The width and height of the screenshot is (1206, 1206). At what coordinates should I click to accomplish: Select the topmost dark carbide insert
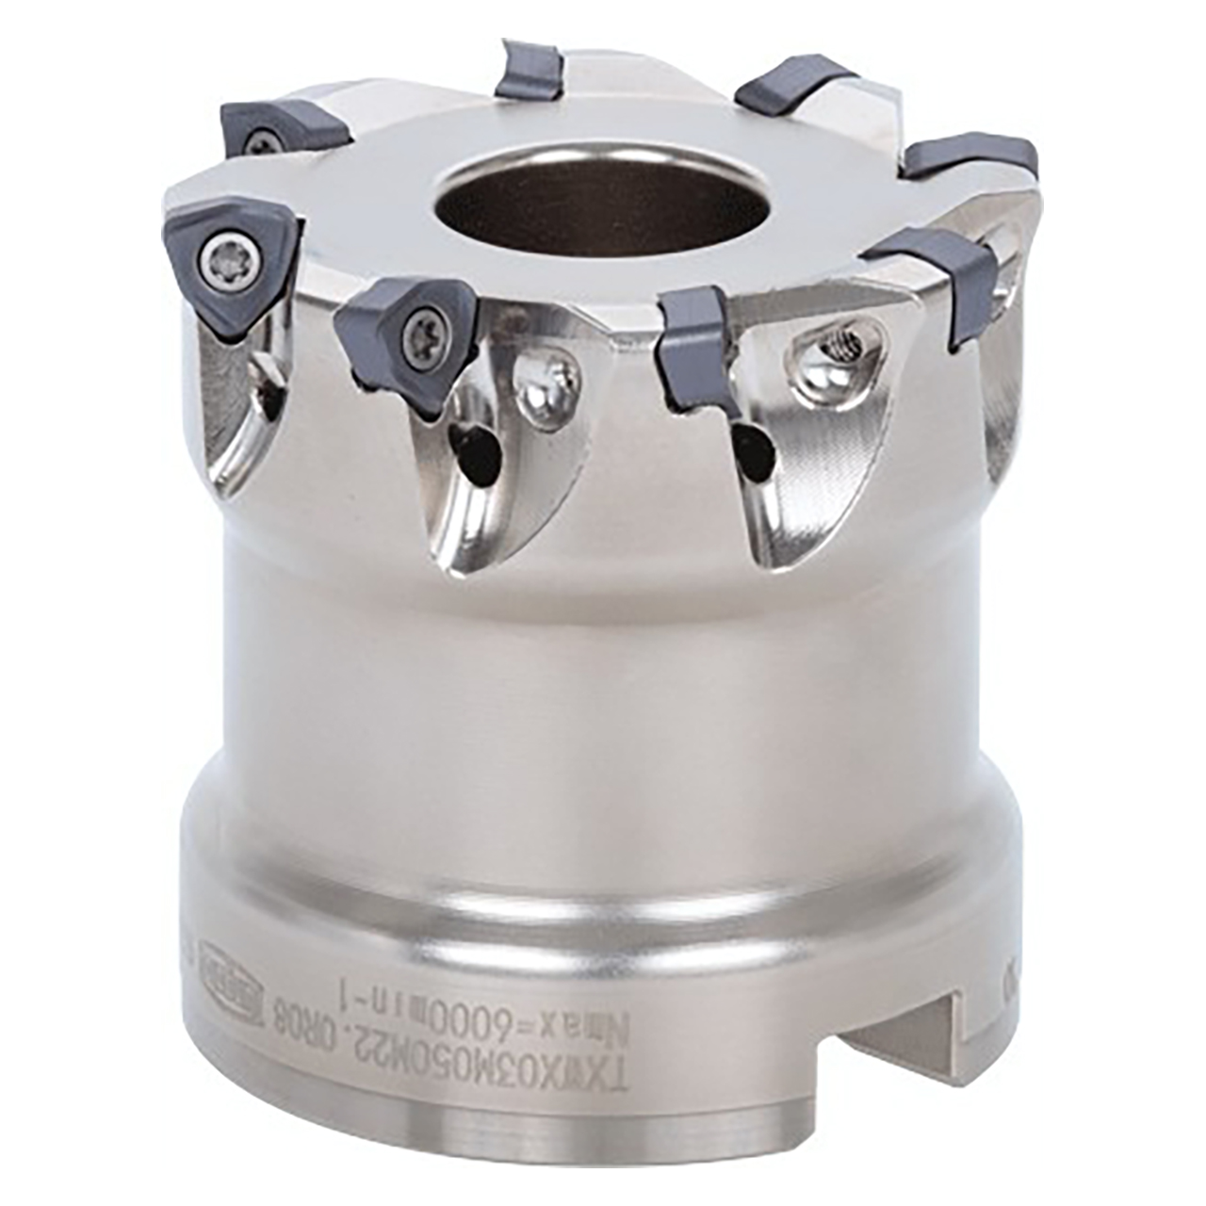pos(532,71)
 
